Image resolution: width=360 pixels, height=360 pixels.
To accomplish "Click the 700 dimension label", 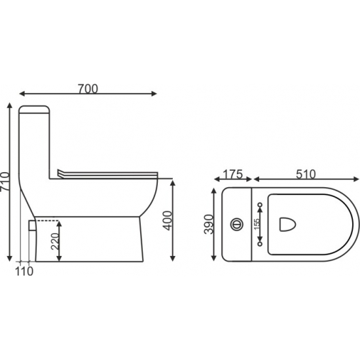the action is [x=88, y=89].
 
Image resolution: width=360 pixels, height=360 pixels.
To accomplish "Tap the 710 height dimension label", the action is [x=5, y=181].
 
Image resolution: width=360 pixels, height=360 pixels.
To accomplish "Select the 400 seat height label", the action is [x=167, y=221].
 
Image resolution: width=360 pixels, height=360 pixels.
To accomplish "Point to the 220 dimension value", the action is [x=55, y=241].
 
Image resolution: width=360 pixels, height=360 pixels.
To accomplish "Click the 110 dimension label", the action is [x=24, y=272].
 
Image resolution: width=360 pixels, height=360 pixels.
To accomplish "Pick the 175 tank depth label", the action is [x=233, y=174].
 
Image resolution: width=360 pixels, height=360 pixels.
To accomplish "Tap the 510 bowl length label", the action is [x=306, y=174].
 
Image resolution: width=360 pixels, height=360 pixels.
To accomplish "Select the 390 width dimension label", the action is [x=209, y=224].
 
